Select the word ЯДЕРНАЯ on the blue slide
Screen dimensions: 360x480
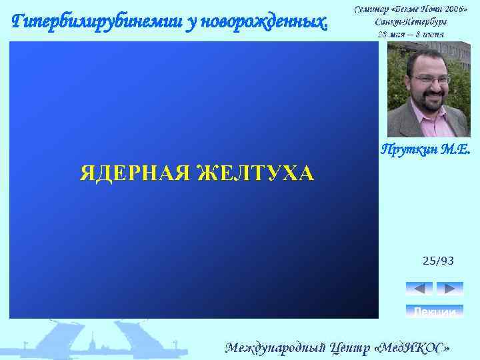[136, 174]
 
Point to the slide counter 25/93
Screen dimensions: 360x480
[438, 261]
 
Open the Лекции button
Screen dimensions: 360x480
[434, 311]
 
